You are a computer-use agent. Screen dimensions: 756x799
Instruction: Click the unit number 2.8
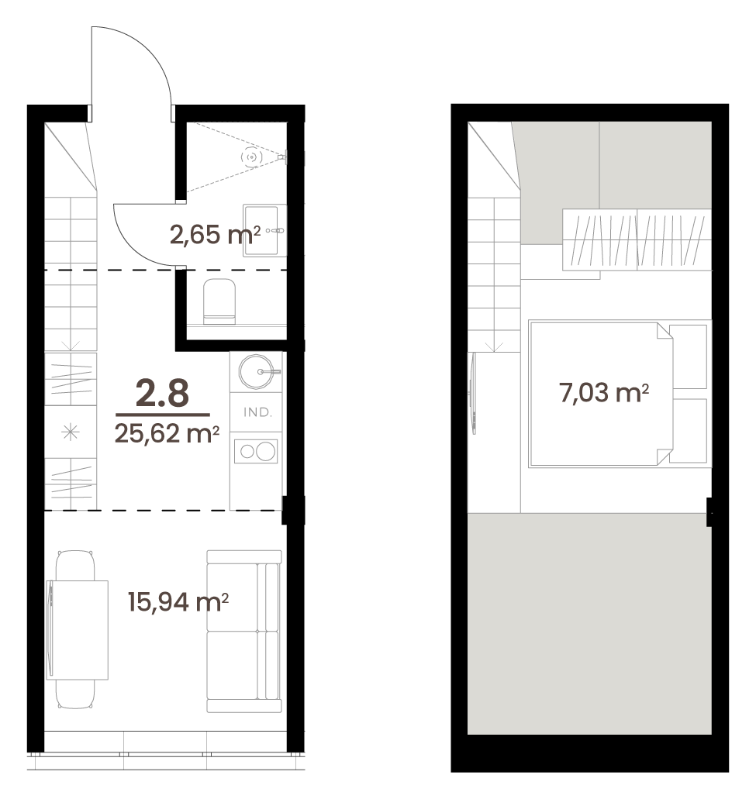(x=162, y=394)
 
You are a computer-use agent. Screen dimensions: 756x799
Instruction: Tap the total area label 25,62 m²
(x=167, y=434)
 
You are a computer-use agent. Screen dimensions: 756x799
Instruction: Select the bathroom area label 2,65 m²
(x=215, y=235)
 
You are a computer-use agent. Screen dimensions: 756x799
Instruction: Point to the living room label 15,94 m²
(x=178, y=602)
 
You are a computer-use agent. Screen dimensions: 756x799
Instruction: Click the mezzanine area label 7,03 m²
(x=604, y=393)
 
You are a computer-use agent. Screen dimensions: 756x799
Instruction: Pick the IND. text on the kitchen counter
(x=257, y=412)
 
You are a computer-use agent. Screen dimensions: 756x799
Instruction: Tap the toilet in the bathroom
(x=219, y=301)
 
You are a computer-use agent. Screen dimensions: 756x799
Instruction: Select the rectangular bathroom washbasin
(x=264, y=230)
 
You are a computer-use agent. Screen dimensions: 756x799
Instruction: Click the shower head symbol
(x=252, y=157)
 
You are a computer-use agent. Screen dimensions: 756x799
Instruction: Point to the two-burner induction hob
(x=256, y=452)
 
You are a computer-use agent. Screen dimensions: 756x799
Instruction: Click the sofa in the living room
(x=244, y=631)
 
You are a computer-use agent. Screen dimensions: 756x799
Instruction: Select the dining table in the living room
(x=78, y=630)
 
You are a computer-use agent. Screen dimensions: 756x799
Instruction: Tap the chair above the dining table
(x=75, y=565)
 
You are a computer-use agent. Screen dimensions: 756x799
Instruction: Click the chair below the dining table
(x=75, y=694)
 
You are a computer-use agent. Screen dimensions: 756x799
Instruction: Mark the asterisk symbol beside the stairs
(x=71, y=432)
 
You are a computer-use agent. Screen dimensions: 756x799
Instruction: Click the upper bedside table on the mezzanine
(x=688, y=356)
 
